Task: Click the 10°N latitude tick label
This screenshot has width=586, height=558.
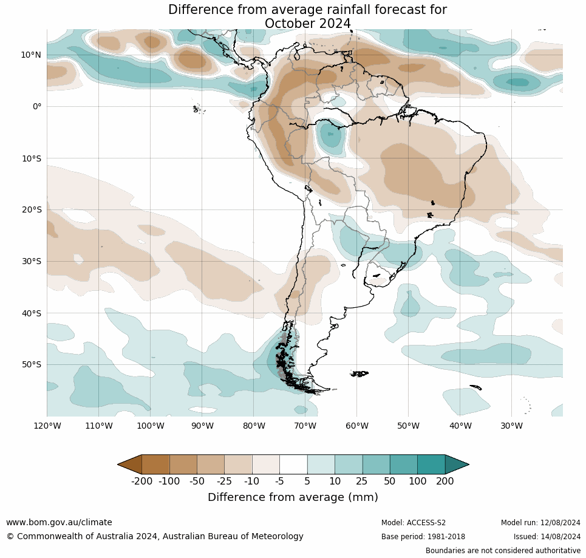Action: (31, 55)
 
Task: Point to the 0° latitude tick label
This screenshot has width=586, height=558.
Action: (37, 106)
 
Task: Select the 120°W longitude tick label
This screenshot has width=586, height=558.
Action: (47, 426)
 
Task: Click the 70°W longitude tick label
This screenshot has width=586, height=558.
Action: (305, 426)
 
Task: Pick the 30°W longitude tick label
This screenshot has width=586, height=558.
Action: (511, 426)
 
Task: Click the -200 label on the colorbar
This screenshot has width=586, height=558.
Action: (141, 481)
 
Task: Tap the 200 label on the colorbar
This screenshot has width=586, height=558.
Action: (445, 481)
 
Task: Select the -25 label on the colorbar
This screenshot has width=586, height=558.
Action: (225, 481)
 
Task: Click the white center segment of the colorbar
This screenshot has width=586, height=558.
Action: (293, 464)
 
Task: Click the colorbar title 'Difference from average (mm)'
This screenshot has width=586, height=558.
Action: (293, 497)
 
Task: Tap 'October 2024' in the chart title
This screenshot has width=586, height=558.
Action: (307, 24)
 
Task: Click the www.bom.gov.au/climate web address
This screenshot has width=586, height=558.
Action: (59, 522)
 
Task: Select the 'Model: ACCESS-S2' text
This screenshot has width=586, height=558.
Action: (414, 523)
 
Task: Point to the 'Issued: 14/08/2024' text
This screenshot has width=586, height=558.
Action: (547, 537)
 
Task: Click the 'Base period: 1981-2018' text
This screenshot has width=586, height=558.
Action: (423, 537)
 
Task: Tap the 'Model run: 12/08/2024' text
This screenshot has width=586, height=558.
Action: (540, 523)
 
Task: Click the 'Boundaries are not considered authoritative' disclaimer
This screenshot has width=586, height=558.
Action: (503, 551)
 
